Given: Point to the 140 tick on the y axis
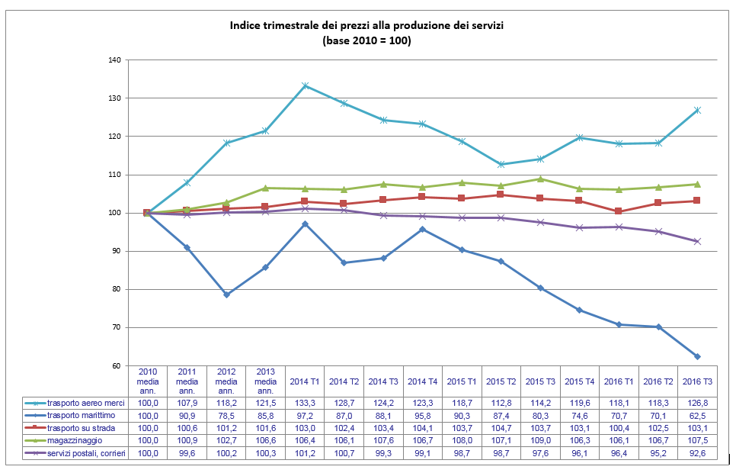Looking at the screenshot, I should click(x=115, y=60).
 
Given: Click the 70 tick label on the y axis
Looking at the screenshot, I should click(x=117, y=327).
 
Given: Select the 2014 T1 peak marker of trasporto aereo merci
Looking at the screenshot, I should click(x=305, y=85).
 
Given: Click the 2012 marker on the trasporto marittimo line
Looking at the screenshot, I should click(x=226, y=294).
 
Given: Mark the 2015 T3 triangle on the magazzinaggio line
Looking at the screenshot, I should click(x=541, y=179).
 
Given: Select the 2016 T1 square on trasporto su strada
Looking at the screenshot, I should click(x=619, y=211).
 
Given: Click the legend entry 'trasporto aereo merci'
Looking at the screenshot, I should click(x=79, y=403).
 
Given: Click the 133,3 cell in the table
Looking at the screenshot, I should click(x=305, y=403).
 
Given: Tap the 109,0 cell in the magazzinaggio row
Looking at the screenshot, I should click(x=541, y=442).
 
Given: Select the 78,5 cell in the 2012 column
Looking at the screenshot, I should click(x=226, y=416).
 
